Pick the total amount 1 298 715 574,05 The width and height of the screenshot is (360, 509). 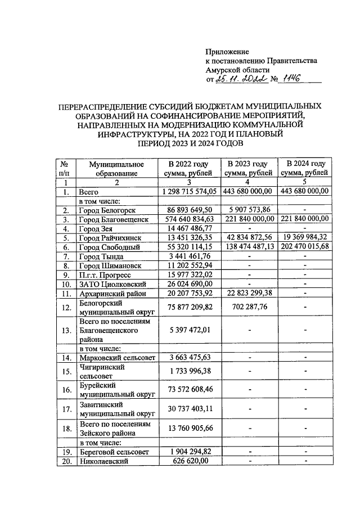(188, 192)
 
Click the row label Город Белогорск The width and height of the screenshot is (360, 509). (106, 209)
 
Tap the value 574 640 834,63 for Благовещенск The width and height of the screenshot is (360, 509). (188, 218)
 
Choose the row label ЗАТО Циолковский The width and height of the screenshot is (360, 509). (110, 283)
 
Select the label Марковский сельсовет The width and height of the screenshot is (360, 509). (114, 357)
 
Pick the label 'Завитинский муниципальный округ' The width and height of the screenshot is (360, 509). (112, 409)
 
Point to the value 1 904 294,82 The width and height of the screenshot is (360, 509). (188, 451)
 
